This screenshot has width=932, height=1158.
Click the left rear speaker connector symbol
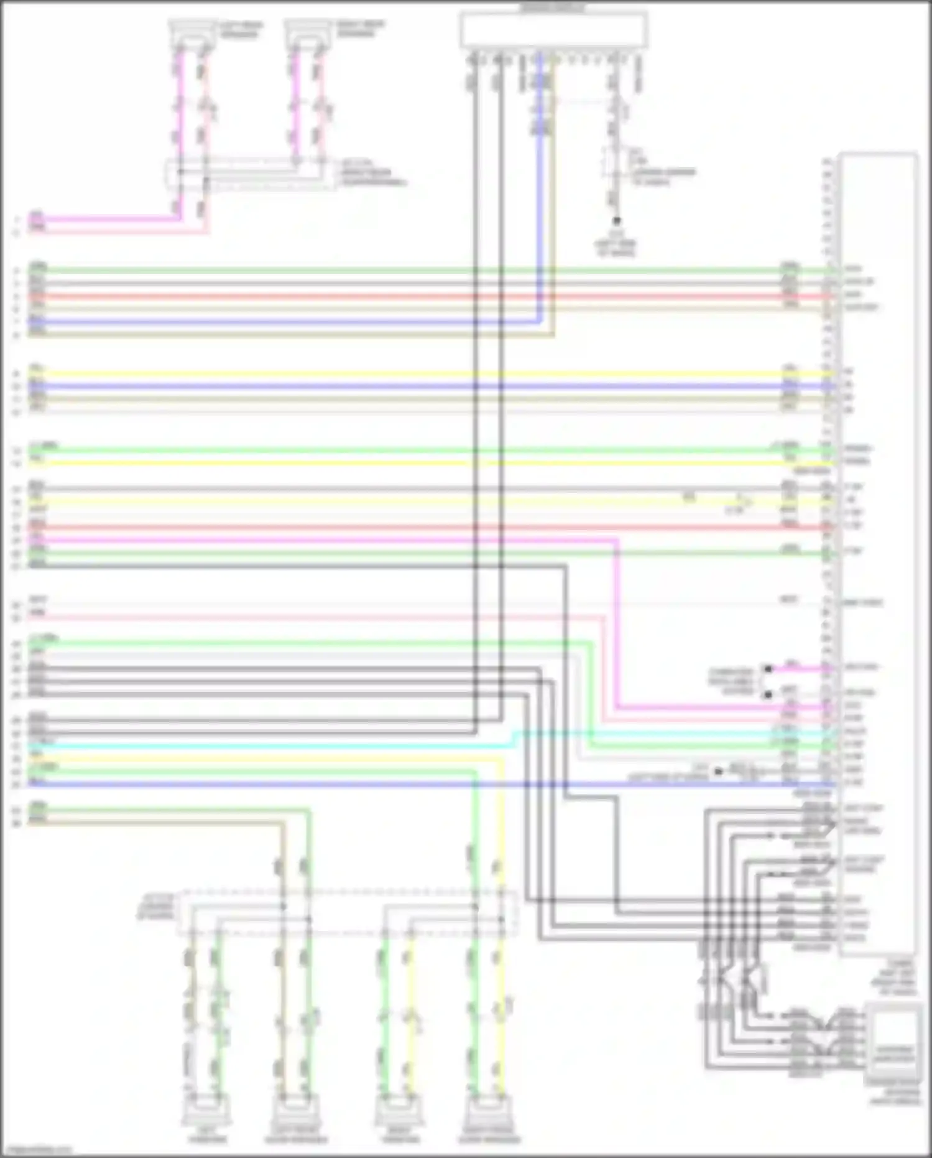click(x=191, y=34)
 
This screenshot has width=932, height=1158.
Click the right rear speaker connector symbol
click(x=307, y=34)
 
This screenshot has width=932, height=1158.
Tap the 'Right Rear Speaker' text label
click(x=360, y=28)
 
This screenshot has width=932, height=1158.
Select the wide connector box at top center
click(x=553, y=30)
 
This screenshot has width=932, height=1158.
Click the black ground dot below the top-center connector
click(x=617, y=222)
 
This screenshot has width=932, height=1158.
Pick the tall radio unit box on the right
click(x=878, y=554)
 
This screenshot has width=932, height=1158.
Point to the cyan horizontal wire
click(x=249, y=746)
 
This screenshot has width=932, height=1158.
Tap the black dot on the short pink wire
click(x=768, y=669)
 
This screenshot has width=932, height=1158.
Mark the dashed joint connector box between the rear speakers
click(x=249, y=173)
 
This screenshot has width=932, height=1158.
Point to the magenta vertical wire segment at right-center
click(x=616, y=622)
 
